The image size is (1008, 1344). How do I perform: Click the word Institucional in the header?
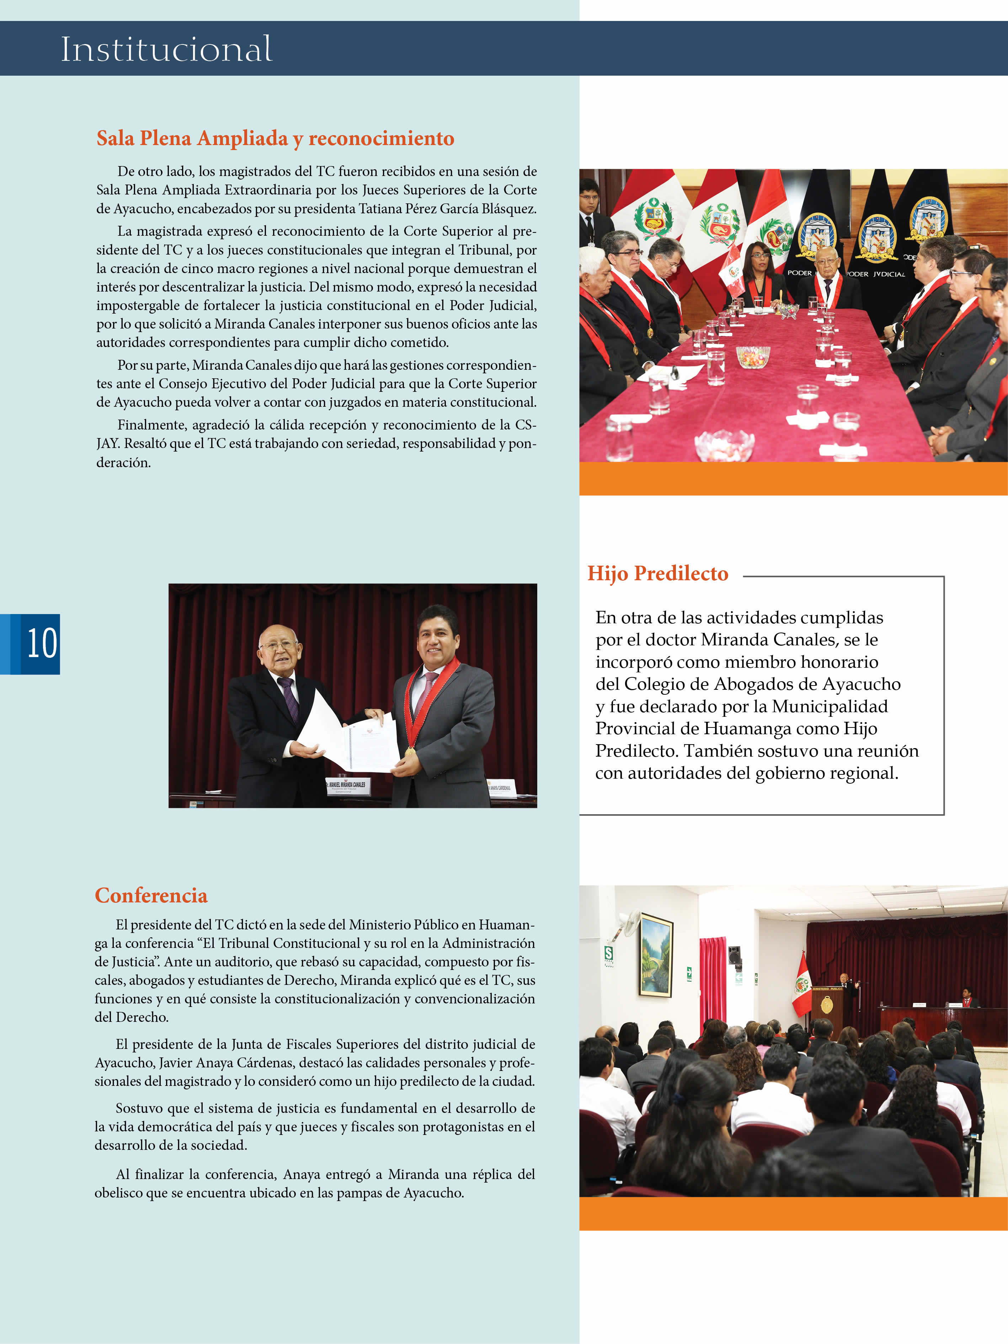(166, 49)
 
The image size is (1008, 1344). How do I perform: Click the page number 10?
(42, 644)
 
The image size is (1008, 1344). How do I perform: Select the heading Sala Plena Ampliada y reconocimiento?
(275, 139)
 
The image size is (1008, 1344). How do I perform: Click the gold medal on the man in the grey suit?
(410, 752)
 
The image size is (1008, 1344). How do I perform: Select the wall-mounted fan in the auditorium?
(628, 922)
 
